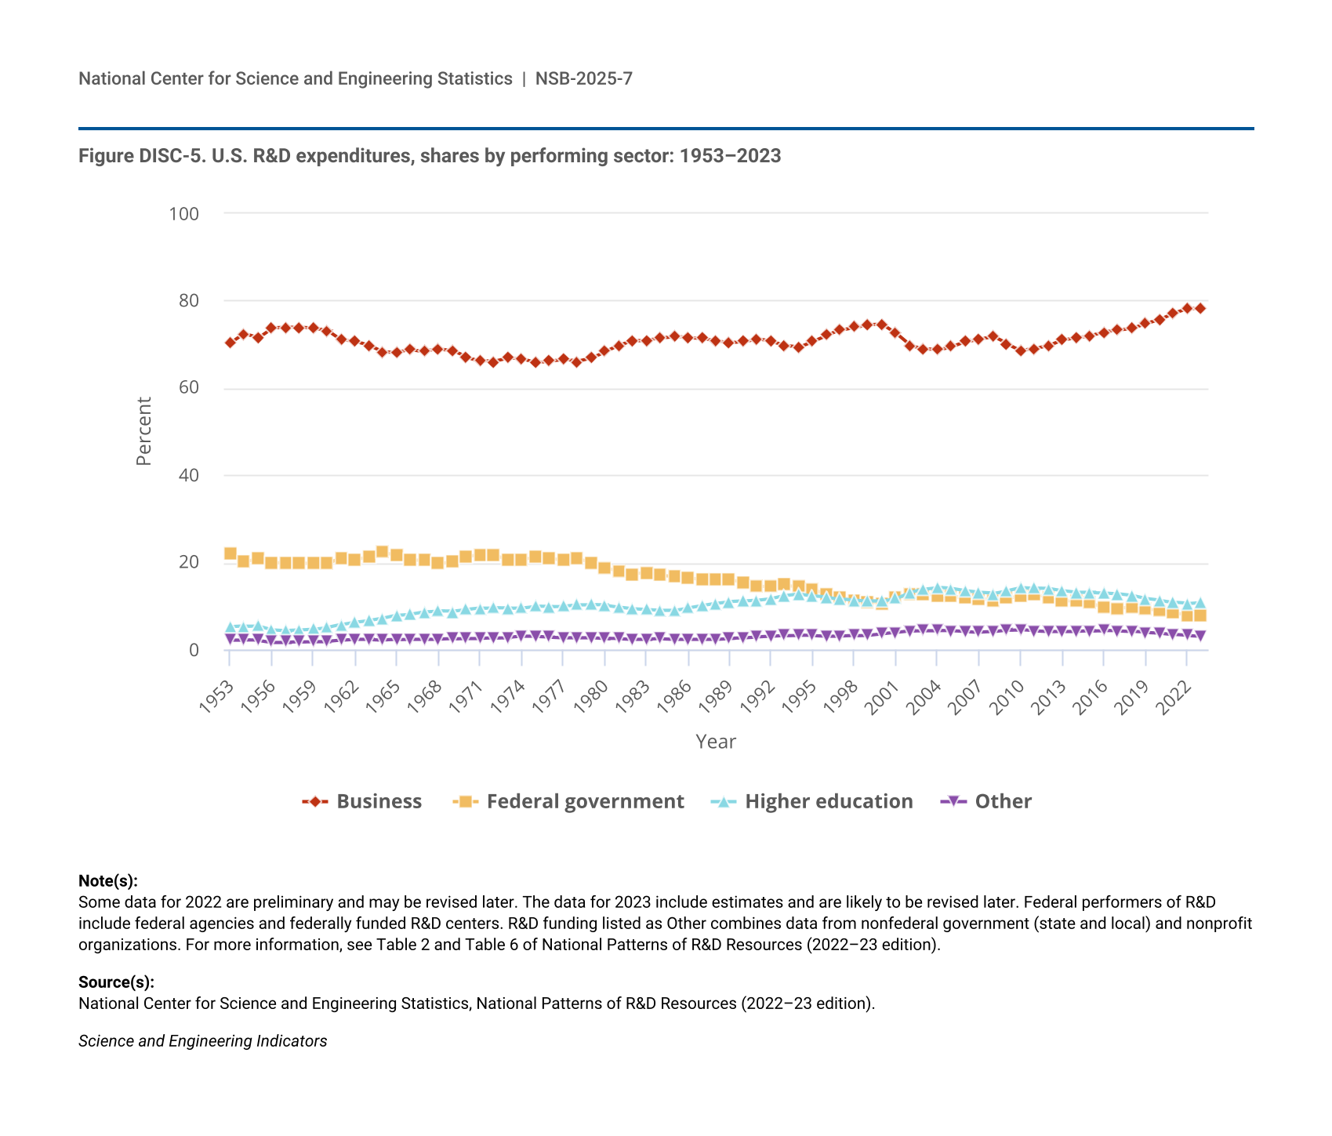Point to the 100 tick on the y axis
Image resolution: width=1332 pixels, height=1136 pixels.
[x=184, y=213]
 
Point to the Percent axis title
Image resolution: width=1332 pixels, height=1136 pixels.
[x=143, y=431]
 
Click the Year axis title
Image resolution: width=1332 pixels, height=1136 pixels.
[x=716, y=742]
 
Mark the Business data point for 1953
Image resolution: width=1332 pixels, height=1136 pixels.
[x=230, y=343]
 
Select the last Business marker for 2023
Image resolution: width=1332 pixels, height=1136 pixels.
[x=1200, y=308]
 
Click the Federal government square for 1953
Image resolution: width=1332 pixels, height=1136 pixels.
[x=230, y=553]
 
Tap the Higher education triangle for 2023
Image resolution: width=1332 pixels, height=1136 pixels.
[x=1200, y=603]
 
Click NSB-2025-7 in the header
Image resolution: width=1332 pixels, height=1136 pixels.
[x=584, y=78]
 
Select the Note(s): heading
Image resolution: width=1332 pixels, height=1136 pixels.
[x=108, y=880]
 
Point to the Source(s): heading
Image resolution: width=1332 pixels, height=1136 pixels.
[x=116, y=982]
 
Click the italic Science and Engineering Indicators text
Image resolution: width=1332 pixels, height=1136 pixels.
[x=202, y=1041]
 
